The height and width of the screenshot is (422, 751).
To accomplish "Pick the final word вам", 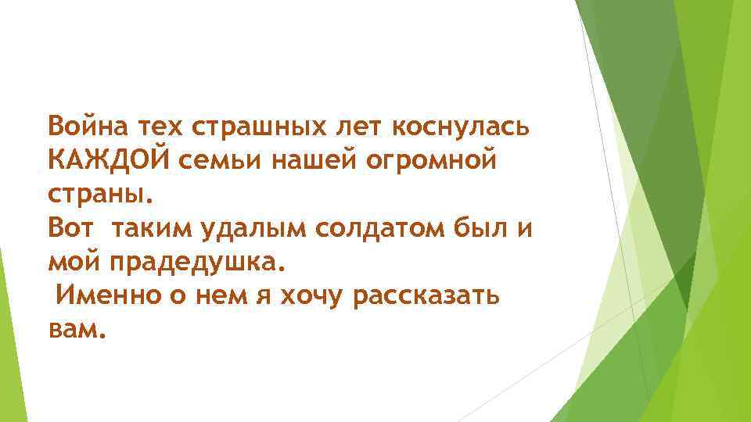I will coord(75,331).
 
